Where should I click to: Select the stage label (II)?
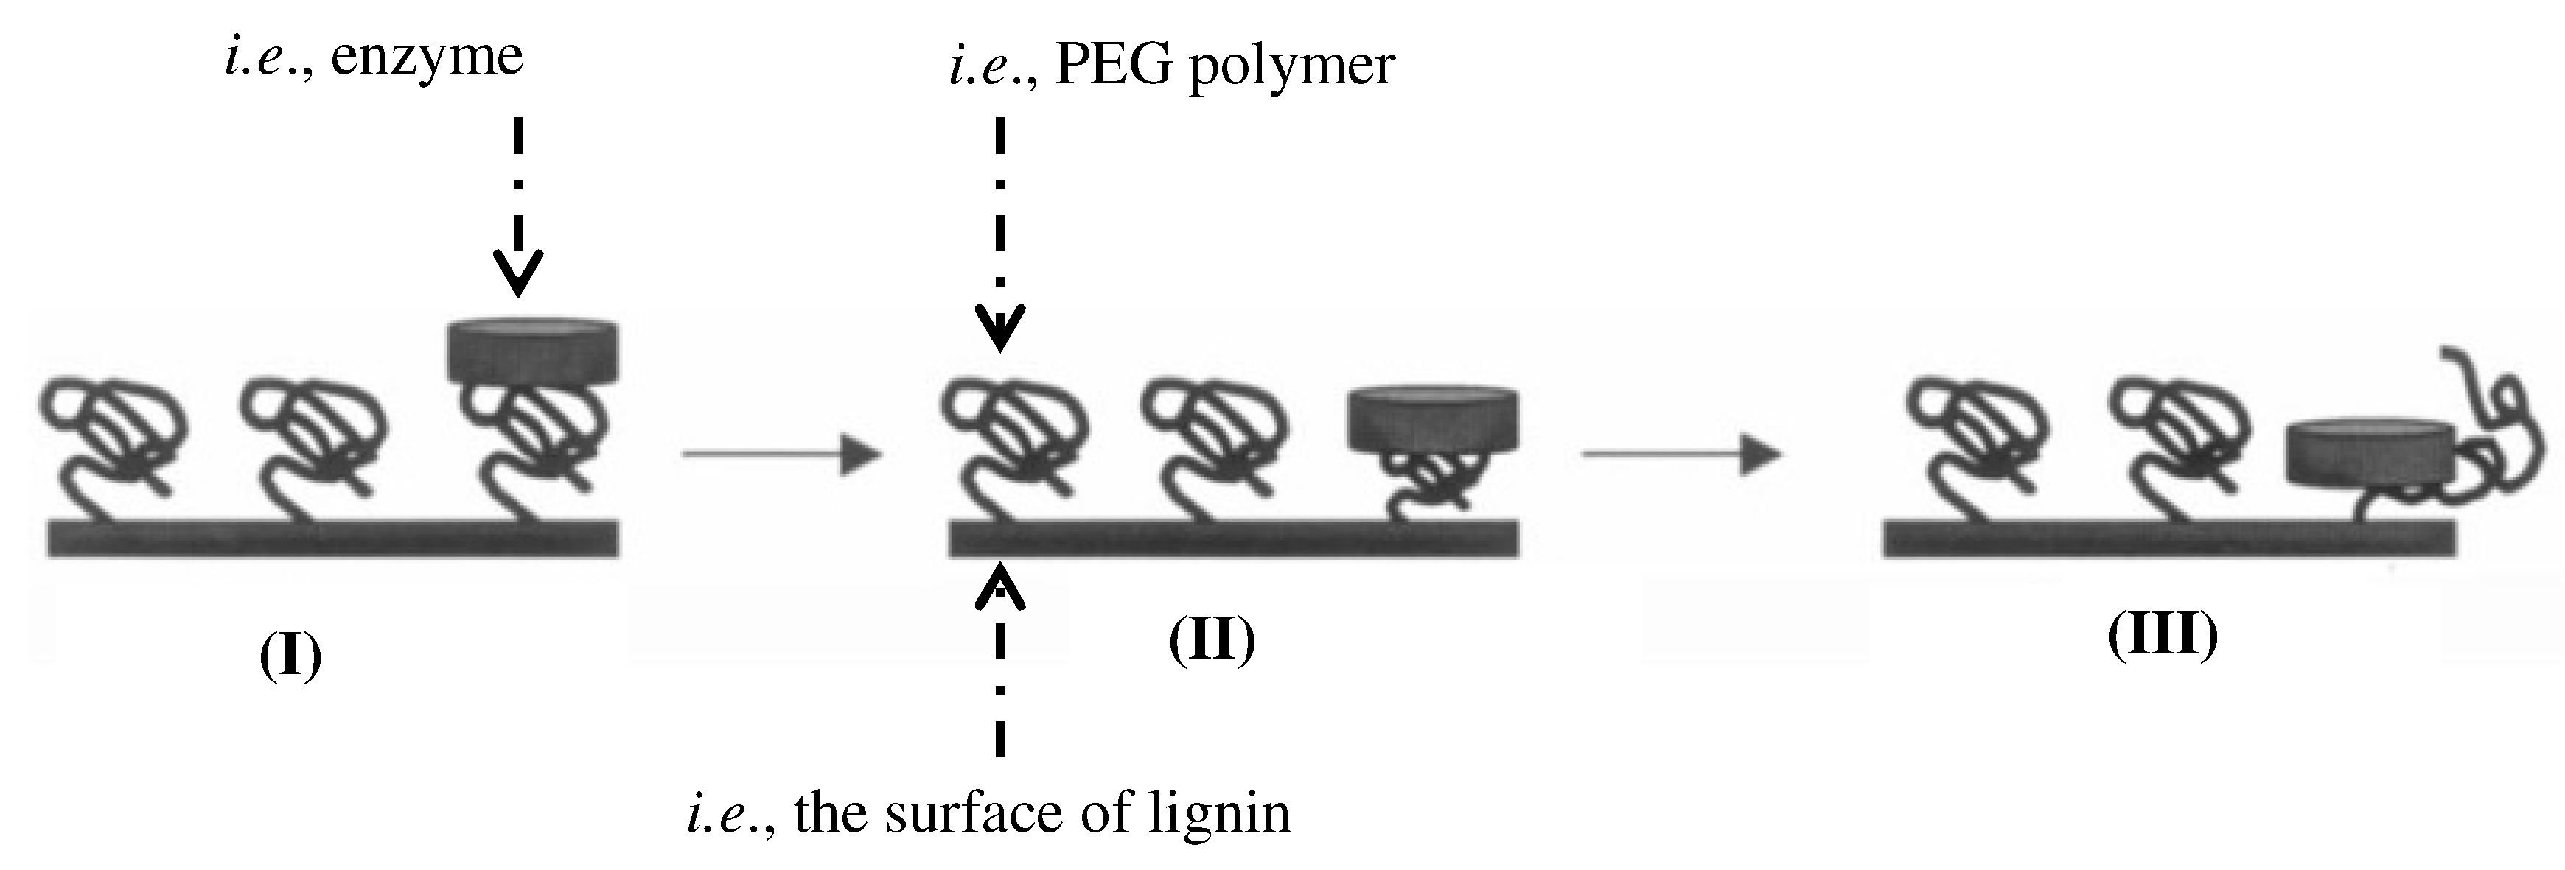click(1212, 640)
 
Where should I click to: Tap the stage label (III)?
click(2163, 635)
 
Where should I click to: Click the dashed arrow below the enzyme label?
click(517, 209)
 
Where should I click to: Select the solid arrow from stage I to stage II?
click(781, 455)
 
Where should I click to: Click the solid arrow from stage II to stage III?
click(1682, 455)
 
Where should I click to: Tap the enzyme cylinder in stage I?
click(533, 351)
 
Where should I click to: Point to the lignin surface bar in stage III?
click(2168, 538)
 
